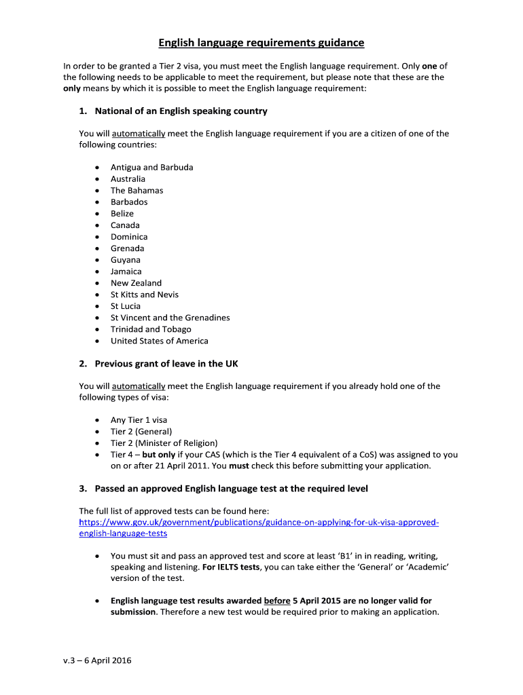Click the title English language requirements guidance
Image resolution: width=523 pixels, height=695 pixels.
point(261,43)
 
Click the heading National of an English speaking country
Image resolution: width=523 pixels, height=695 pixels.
point(181,111)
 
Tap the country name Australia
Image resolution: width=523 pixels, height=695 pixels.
point(128,179)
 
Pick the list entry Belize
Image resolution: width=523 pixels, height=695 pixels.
point(122,213)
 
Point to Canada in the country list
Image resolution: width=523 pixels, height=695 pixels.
point(125,225)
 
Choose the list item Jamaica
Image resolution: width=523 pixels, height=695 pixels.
point(126,271)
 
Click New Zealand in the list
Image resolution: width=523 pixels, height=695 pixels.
point(136,283)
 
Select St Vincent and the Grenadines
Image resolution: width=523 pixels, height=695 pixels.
point(170,318)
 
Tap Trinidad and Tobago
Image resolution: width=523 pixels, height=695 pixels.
point(151,329)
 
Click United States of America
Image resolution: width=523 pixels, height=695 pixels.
point(159,341)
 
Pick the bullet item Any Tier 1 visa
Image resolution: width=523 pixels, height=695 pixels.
point(139,420)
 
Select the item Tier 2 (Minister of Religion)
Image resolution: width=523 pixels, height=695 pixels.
point(164,443)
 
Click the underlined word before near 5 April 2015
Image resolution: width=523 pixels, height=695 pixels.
point(277,601)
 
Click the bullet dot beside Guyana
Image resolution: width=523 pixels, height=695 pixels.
point(98,260)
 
